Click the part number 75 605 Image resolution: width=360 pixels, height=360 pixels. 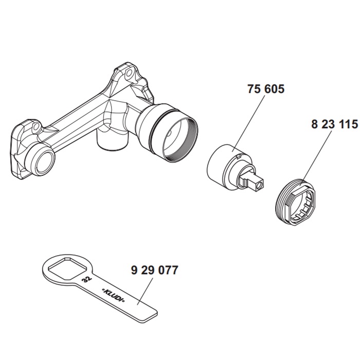(x=266, y=89)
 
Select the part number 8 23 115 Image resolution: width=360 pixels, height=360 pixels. (x=335, y=124)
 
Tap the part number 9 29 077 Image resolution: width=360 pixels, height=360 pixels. (x=154, y=270)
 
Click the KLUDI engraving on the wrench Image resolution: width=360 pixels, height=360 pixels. (x=114, y=294)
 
